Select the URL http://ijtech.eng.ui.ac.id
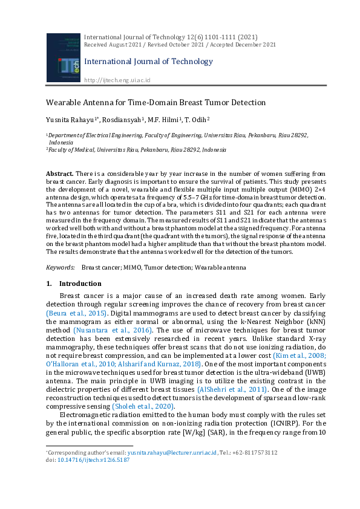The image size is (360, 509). (117, 80)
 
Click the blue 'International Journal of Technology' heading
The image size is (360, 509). (148, 61)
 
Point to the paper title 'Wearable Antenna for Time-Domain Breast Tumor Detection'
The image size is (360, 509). (156, 102)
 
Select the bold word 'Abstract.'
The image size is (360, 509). (60, 174)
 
